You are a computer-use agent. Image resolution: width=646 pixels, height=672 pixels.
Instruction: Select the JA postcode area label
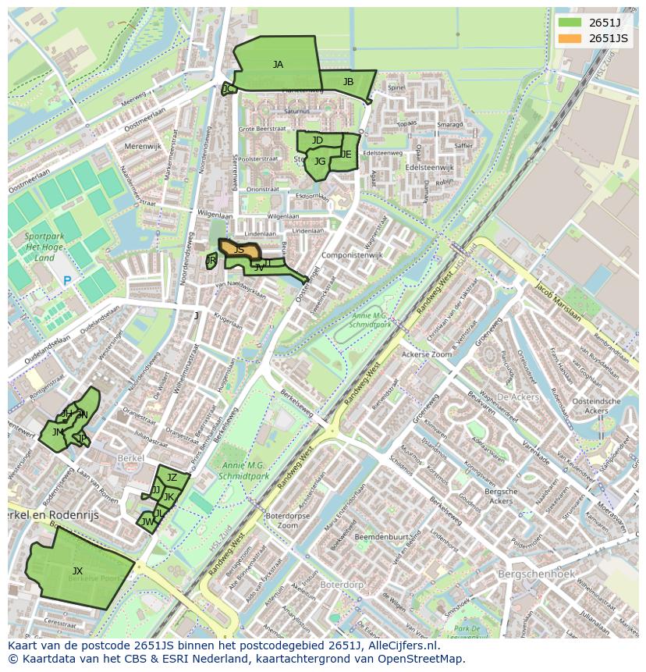click(x=278, y=65)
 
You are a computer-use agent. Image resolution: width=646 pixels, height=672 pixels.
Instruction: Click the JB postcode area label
click(x=348, y=81)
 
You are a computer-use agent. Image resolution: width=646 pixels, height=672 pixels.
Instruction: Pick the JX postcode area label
click(x=77, y=571)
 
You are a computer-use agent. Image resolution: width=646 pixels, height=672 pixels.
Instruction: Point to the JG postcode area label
click(x=320, y=162)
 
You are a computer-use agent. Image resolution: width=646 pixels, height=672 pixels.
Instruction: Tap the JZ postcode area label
click(x=172, y=478)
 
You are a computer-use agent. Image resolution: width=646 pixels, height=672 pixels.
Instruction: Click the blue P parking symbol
click(x=67, y=281)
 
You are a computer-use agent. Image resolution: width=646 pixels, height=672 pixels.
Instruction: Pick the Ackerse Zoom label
click(x=426, y=354)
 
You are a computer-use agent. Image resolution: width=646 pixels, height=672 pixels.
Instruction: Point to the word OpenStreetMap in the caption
click(x=425, y=659)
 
